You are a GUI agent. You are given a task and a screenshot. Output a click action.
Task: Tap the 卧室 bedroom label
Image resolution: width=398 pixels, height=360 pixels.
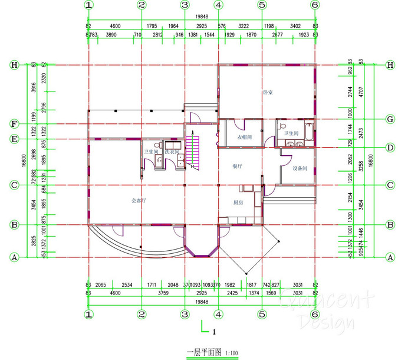click(267, 93)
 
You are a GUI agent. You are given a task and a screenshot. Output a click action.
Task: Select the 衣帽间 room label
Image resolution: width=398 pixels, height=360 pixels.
click(245, 137)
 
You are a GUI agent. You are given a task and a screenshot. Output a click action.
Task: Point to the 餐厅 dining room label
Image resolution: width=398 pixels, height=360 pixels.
click(238, 166)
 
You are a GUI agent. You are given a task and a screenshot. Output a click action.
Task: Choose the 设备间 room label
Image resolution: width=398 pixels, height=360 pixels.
click(300, 169)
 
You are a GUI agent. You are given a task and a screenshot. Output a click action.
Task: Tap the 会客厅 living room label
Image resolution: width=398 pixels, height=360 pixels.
click(138, 201)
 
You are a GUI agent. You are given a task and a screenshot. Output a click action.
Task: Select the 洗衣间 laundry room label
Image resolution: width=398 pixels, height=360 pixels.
click(172, 152)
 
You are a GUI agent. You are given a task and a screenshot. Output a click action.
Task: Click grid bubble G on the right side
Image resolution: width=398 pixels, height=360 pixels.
click(389, 119)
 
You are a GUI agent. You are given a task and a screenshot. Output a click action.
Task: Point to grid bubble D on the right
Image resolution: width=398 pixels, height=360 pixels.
click(389, 147)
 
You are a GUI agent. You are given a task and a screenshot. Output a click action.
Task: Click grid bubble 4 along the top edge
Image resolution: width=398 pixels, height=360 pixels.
click(219, 5)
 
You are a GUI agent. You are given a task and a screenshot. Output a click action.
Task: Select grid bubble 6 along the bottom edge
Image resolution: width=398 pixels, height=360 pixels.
click(315, 314)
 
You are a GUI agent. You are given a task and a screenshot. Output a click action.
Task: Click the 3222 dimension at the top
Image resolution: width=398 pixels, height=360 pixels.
click(244, 26)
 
